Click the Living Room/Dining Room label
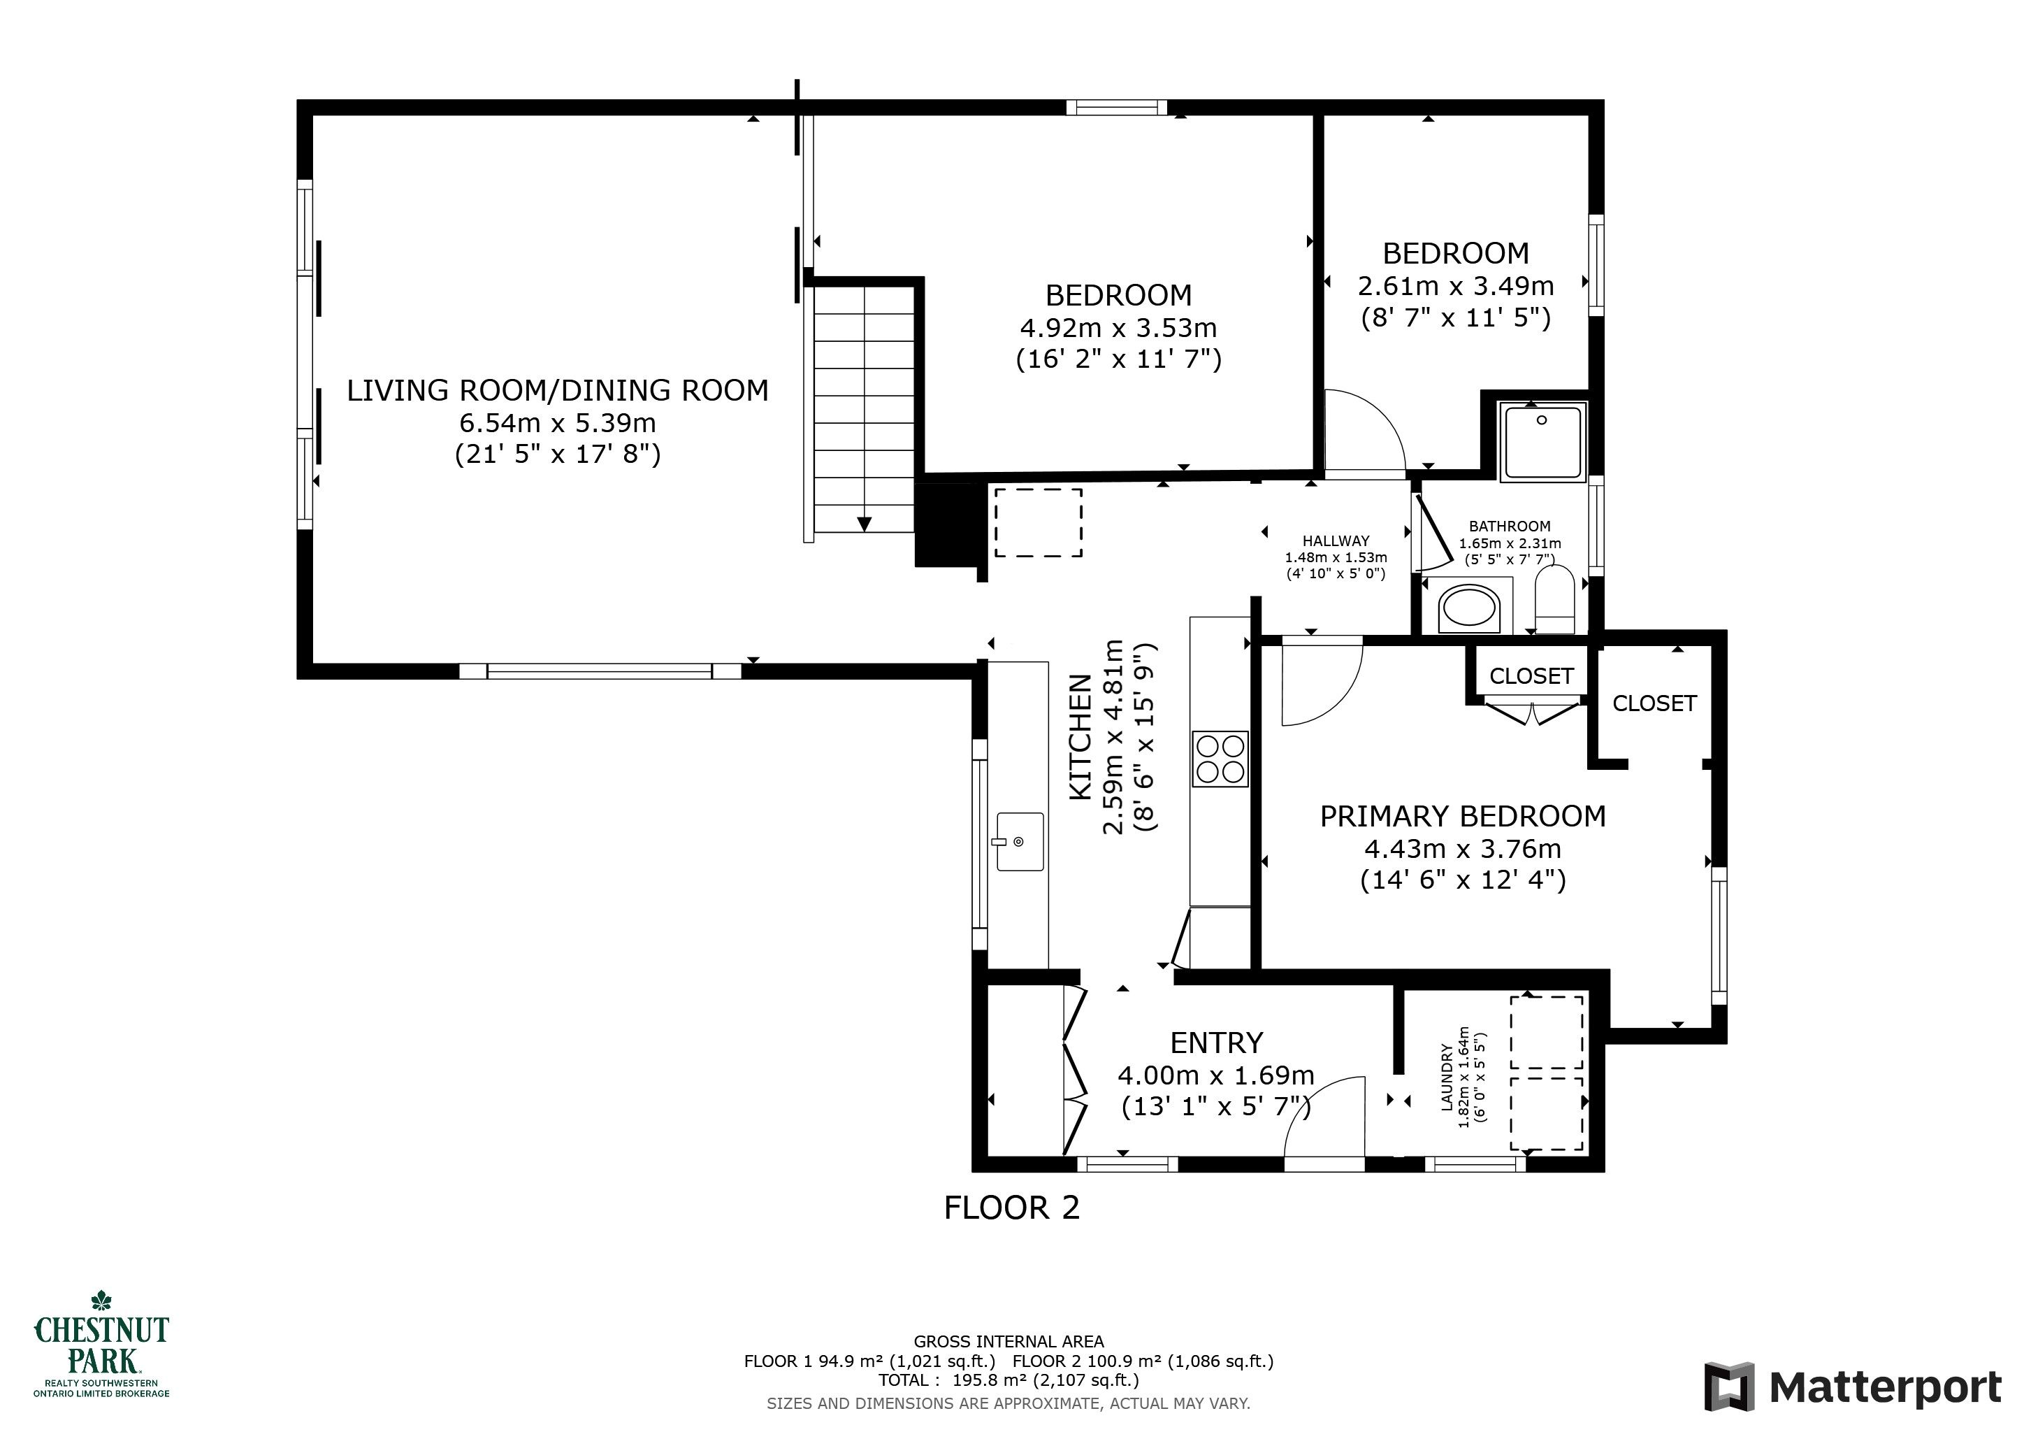557,389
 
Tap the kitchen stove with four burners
1220,759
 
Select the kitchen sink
1020,842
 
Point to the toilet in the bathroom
1554,600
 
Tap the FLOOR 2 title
1011,1207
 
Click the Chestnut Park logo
101,1345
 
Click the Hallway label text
1336,540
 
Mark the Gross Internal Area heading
1009,1341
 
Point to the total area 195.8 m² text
1009,1380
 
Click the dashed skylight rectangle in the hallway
1039,522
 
